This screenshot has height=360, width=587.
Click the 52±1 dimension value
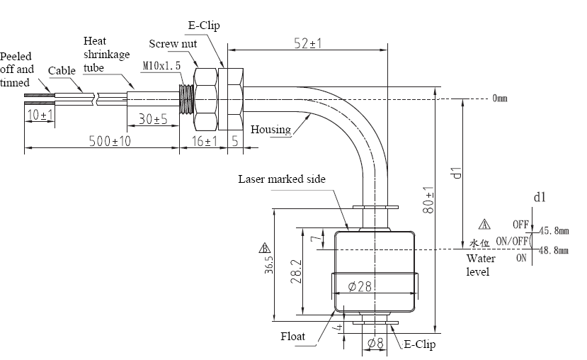click(x=308, y=43)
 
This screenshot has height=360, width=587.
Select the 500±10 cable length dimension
click(x=110, y=141)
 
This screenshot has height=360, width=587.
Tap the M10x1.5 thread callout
click(x=161, y=66)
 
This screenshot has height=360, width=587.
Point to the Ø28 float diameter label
click(x=360, y=286)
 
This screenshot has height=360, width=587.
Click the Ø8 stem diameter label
click(x=375, y=343)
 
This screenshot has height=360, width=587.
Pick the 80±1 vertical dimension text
click(x=428, y=200)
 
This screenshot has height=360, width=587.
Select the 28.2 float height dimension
click(x=296, y=271)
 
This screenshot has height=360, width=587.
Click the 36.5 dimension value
click(x=269, y=265)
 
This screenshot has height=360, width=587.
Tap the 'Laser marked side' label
click(x=282, y=179)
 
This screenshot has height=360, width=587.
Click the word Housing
click(x=270, y=130)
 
